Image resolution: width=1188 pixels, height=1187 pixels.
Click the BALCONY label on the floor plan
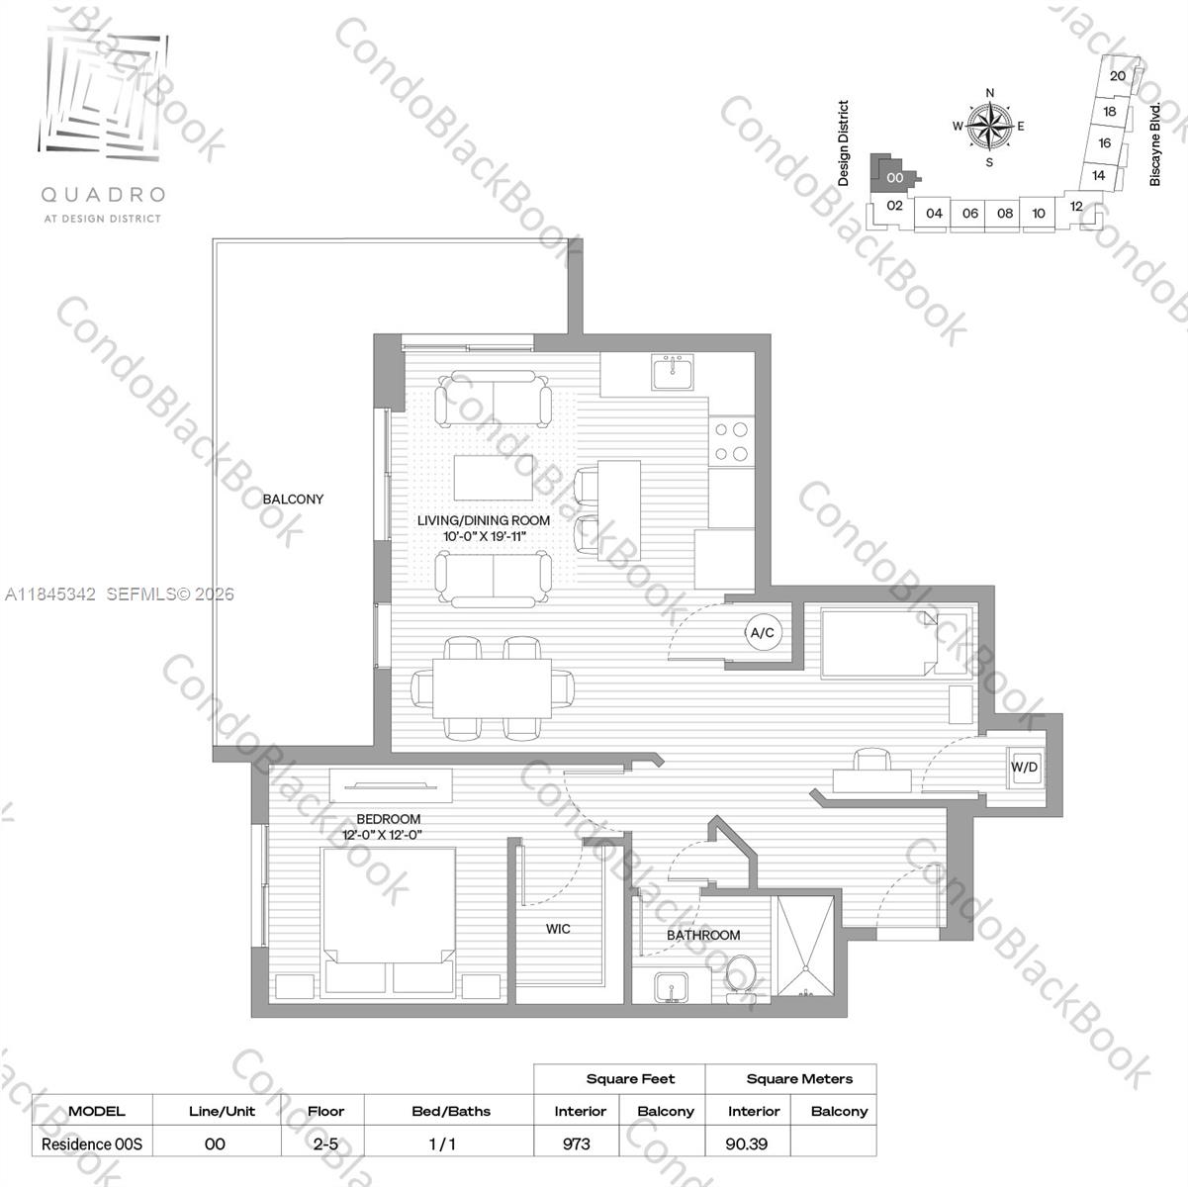click(293, 500)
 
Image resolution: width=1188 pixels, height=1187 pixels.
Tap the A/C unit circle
click(762, 633)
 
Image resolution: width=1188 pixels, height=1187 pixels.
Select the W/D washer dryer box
click(1025, 768)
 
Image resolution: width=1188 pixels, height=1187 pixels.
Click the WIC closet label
click(558, 929)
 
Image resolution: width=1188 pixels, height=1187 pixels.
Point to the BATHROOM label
click(703, 935)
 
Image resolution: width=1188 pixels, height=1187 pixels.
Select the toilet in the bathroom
click(740, 978)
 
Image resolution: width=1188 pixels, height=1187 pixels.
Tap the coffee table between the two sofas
click(494, 478)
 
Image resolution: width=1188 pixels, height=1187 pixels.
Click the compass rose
click(989, 127)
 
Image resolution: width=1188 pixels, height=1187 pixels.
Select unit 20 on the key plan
click(1117, 75)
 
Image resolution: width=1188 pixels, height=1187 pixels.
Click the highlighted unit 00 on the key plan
click(894, 177)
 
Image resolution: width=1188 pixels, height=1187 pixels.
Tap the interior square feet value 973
click(576, 1143)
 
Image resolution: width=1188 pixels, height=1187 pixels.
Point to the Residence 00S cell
click(92, 1143)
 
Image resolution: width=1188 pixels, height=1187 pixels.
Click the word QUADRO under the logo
click(102, 196)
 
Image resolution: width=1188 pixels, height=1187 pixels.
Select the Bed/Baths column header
click(450, 1111)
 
